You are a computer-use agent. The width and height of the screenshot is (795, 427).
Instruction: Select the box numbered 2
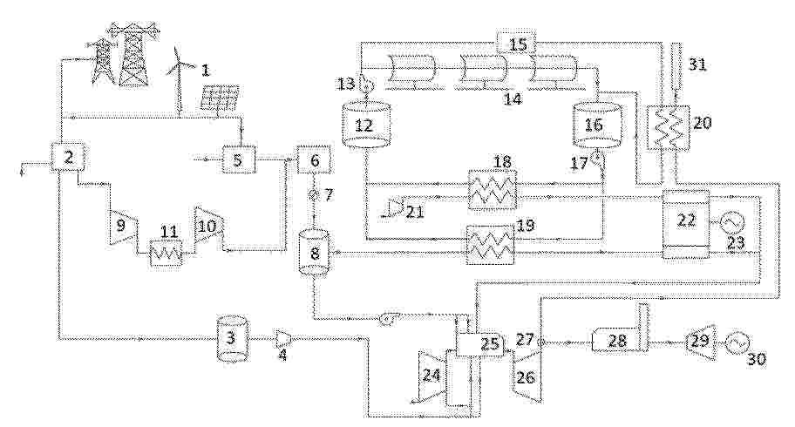[x=67, y=157]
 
